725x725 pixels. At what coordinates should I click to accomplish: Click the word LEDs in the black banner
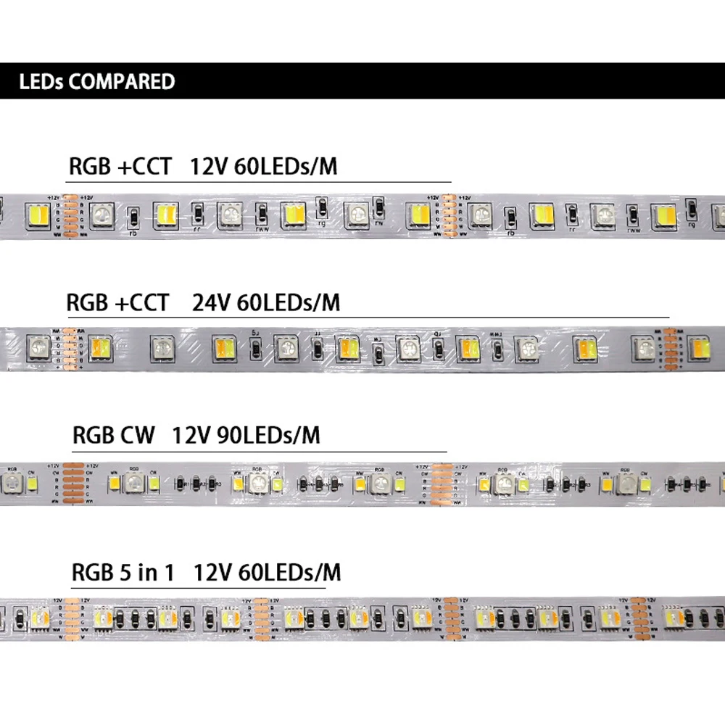[41, 81]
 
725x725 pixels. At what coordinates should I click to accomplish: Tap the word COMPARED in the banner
[122, 81]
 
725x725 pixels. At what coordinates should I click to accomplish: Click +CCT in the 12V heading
[144, 167]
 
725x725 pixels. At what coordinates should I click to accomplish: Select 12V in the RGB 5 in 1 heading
[211, 573]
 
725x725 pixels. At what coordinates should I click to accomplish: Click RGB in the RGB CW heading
[91, 436]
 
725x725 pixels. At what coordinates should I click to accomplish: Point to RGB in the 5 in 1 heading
[90, 573]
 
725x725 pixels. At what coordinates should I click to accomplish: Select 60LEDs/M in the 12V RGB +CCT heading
[286, 167]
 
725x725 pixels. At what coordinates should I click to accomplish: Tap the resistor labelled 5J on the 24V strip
[255, 349]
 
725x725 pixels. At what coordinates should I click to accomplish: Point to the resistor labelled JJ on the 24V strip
[318, 349]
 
